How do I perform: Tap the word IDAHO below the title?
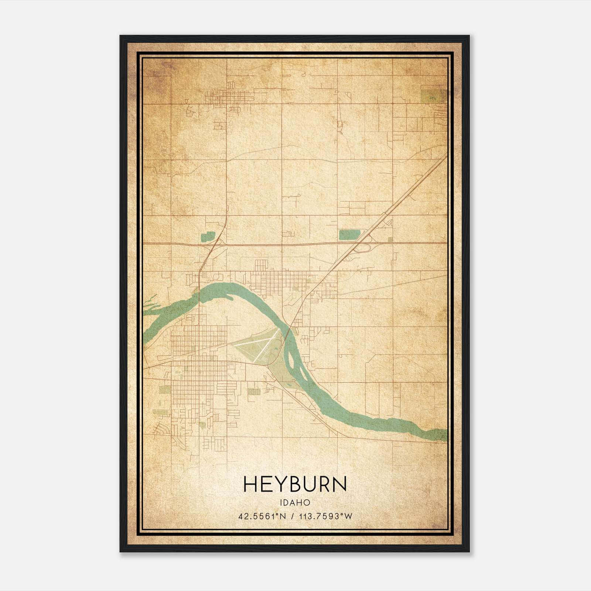(295, 503)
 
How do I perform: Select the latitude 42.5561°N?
(262, 516)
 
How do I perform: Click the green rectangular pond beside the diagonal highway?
(349, 235)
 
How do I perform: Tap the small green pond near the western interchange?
(208, 237)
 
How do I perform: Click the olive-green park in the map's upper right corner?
(428, 95)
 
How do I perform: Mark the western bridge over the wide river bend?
(199, 295)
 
